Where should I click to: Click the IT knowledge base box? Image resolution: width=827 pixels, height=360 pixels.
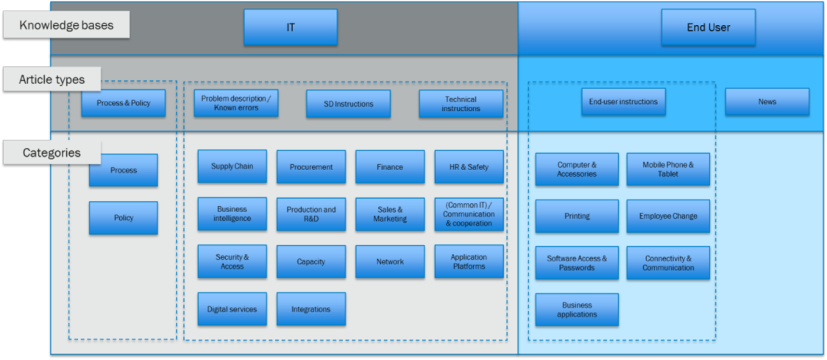[291, 28]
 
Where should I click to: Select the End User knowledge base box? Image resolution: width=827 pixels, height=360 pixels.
[708, 28]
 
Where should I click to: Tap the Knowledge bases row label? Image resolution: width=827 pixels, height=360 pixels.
[66, 25]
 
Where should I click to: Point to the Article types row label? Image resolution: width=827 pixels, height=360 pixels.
[52, 80]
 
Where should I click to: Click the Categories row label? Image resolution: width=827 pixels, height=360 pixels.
[52, 153]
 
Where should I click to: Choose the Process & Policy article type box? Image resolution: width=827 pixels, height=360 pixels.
[123, 104]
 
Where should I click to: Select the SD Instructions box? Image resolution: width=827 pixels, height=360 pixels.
[348, 104]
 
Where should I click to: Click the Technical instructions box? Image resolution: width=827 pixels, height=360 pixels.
[461, 104]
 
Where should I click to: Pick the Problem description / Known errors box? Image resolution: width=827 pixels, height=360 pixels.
[235, 104]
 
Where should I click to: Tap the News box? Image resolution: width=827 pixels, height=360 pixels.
[767, 102]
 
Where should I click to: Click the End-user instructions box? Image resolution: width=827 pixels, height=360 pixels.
[623, 102]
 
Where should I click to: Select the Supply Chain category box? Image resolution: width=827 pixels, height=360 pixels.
[232, 166]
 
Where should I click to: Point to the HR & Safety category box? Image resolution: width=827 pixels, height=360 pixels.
[469, 167]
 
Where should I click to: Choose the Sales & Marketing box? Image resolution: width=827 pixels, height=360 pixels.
[389, 214]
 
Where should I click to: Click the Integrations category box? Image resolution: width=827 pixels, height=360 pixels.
[310, 309]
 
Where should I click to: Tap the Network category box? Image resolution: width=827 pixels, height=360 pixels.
[389, 261]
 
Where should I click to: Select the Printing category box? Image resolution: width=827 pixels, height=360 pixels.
[577, 216]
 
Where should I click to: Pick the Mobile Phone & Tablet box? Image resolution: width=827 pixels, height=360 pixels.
[668, 169]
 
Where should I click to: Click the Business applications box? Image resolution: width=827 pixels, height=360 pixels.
[577, 310]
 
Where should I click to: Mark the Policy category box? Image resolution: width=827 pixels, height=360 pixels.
[123, 218]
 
